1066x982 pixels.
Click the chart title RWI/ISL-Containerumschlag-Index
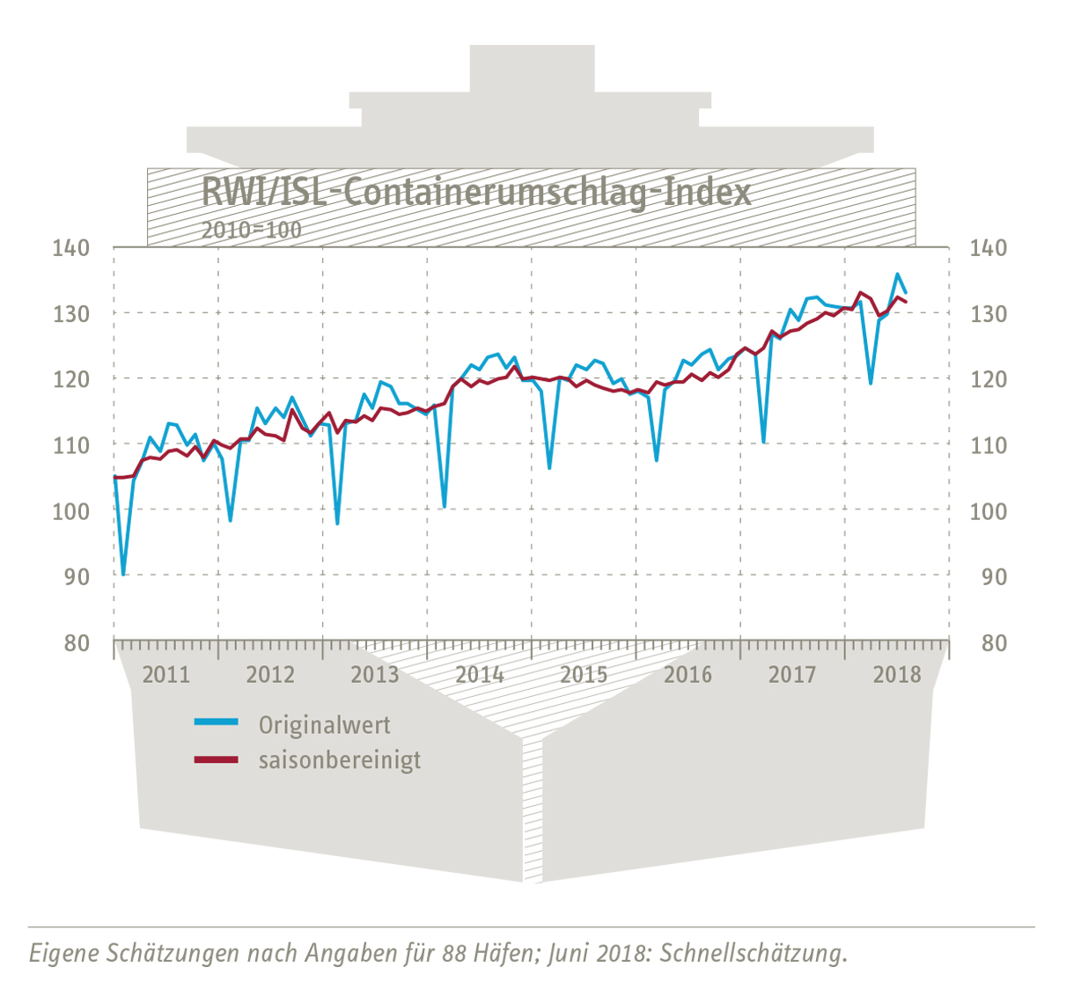(476, 192)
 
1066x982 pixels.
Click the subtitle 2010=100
(251, 231)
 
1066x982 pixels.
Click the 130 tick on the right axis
(989, 314)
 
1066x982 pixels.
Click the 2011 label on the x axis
(165, 675)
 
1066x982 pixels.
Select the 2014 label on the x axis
(479, 675)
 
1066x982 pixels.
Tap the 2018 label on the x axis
(896, 675)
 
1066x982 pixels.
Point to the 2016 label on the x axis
(687, 675)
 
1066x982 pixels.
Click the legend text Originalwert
(324, 725)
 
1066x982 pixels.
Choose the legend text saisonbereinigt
(340, 759)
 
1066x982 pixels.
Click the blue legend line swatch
(216, 722)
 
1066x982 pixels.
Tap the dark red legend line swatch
(216, 758)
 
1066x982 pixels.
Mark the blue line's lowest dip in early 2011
(123, 575)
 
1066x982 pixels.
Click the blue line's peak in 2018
(897, 275)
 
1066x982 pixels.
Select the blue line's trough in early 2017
(763, 442)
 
